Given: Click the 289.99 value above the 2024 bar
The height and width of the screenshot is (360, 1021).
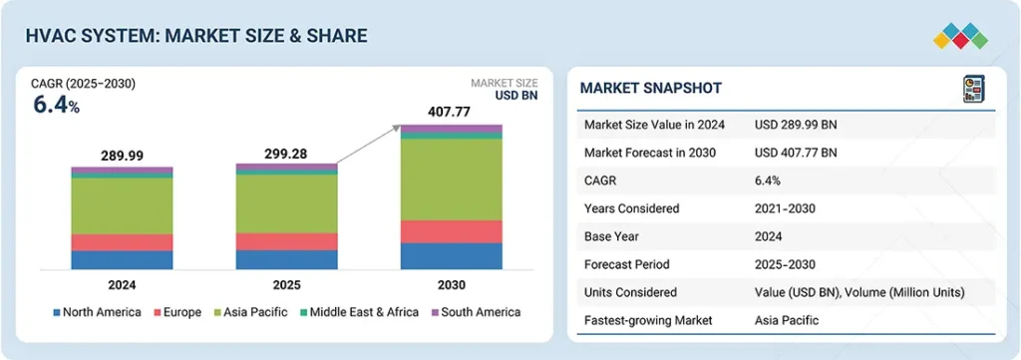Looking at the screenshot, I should pos(122,157).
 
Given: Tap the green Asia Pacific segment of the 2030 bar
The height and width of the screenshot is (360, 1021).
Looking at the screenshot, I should pos(451,180).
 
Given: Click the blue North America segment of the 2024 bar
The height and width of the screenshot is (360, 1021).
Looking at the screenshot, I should pos(122,259).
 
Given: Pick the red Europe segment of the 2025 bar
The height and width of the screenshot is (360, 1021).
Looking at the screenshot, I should pos(286,241).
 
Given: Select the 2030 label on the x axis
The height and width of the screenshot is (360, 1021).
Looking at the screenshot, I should pos(451,284).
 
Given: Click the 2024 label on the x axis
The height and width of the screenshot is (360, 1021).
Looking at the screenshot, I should pos(122,284).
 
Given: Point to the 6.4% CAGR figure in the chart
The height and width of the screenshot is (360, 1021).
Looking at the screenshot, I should pos(56,105).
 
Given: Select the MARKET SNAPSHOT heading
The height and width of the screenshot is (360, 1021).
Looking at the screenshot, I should pos(651,89).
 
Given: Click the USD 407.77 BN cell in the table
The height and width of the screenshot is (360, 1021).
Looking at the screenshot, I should pos(796,153).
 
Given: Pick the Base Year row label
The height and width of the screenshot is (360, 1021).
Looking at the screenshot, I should pos(613,236).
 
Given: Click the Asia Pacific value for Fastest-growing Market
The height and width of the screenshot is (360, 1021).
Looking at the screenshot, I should pos(787,320).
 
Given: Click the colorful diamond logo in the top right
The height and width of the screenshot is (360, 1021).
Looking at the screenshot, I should pos(960,36).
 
